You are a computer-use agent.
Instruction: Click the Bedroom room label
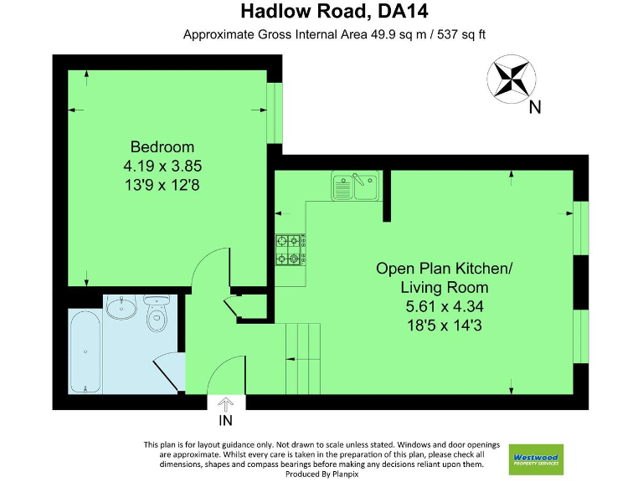tap(162, 146)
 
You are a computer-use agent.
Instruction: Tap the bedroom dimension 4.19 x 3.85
tap(162, 166)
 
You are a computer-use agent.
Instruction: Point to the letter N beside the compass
tap(535, 106)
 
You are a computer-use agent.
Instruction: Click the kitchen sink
tap(356, 186)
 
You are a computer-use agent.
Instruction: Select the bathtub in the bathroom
tap(85, 351)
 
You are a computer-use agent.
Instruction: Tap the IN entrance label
tap(225, 420)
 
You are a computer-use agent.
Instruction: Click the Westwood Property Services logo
tap(536, 459)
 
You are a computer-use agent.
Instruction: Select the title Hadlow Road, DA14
tap(321, 12)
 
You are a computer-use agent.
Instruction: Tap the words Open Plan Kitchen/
tap(443, 269)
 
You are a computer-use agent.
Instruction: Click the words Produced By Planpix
tap(321, 474)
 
